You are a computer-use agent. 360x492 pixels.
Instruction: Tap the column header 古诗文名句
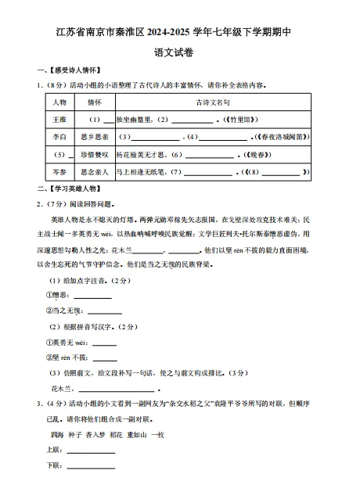(211, 102)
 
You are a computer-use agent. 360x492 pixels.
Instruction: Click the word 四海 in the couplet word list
(56, 434)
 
